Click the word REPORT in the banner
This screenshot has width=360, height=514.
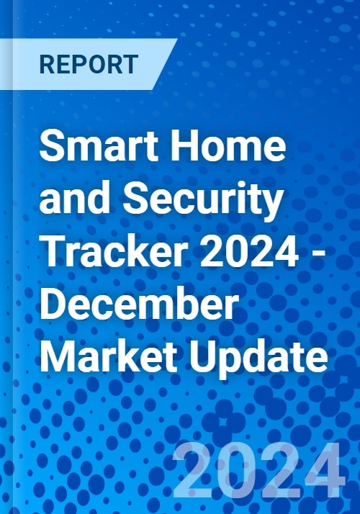point(89,63)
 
